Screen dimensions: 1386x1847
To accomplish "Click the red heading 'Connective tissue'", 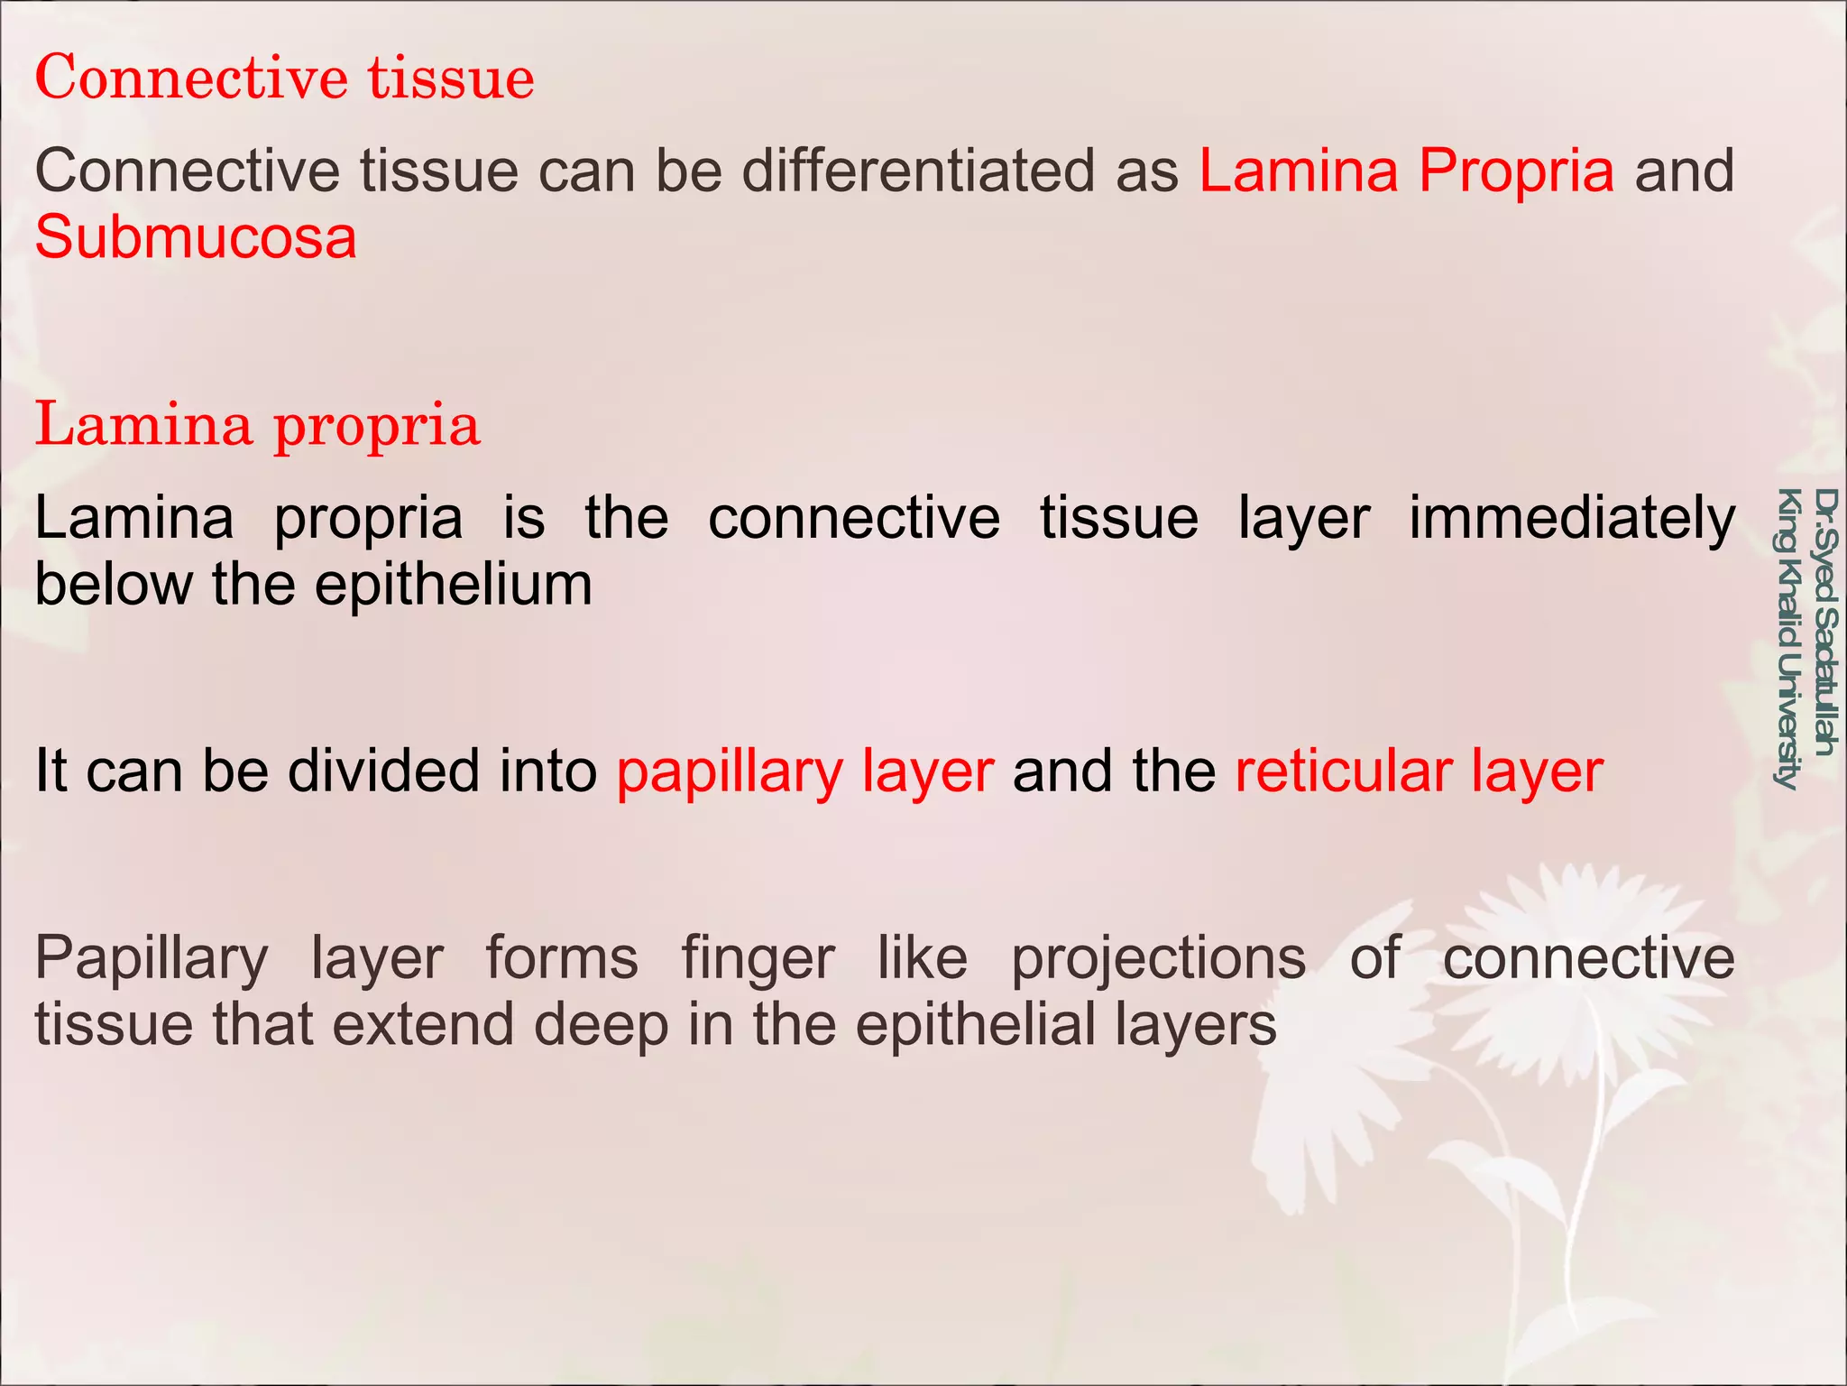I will point(284,78).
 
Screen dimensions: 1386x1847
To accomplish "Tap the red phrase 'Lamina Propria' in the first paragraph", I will point(1406,171).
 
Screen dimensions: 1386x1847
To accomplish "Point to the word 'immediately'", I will point(1571,518).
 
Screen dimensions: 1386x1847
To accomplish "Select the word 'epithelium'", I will point(454,585).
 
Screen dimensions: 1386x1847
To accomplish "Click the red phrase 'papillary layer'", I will point(804,772).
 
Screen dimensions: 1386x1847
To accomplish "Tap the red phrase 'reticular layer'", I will point(1419,772).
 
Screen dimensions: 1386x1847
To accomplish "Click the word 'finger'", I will point(758,958).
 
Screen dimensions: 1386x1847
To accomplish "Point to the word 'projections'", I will point(1158,958).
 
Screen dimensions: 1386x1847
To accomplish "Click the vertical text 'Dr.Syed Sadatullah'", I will point(1824,623).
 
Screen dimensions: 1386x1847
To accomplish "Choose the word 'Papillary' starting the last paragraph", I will point(152,958).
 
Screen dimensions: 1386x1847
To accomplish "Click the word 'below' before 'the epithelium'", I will point(114,585).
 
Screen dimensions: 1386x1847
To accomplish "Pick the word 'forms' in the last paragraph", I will point(562,958).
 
